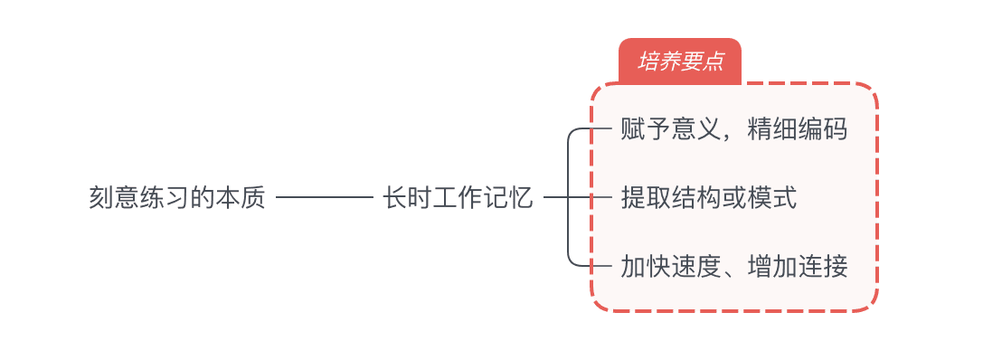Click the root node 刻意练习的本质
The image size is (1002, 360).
click(x=177, y=197)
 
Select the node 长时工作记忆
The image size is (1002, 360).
click(x=458, y=197)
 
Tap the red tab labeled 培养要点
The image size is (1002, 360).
click(x=680, y=62)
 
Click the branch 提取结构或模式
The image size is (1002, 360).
click(x=709, y=197)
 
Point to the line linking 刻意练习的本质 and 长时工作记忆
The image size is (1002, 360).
click(x=324, y=197)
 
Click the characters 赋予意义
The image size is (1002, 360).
click(x=670, y=129)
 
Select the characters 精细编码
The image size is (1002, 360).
click(x=798, y=129)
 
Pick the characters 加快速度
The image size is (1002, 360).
click(x=670, y=266)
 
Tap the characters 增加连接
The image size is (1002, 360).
click(x=798, y=266)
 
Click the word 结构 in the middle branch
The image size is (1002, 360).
click(x=695, y=197)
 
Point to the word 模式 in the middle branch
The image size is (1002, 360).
click(x=772, y=197)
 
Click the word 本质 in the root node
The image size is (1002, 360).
click(x=241, y=197)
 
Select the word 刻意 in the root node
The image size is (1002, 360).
click(x=115, y=197)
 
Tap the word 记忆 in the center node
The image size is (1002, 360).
click(x=508, y=197)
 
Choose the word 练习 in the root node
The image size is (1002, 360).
click(x=165, y=197)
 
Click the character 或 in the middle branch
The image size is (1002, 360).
click(x=734, y=197)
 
